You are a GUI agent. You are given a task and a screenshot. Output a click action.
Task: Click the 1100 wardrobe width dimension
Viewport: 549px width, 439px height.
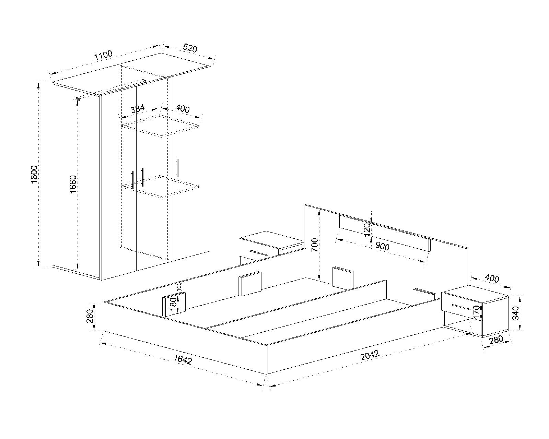coord(103,55)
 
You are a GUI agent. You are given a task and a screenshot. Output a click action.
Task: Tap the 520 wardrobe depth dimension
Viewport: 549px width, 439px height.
coord(190,48)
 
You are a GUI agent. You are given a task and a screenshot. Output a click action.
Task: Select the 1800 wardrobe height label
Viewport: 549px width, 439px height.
coord(34,175)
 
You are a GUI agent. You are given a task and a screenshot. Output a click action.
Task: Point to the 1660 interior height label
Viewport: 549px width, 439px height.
coord(73,184)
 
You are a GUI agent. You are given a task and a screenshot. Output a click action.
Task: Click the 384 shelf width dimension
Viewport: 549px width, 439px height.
coord(138,109)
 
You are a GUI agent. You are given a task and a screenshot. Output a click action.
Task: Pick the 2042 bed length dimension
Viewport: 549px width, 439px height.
coord(370,355)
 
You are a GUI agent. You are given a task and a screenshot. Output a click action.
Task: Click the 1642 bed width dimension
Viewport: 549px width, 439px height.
coord(183,359)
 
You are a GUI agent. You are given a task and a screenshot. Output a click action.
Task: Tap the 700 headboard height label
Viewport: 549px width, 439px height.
coord(315,245)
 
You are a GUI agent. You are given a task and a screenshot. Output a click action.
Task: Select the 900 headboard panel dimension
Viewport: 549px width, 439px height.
coord(382,246)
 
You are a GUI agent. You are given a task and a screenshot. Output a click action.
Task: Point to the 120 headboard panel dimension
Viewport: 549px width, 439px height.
coord(366,230)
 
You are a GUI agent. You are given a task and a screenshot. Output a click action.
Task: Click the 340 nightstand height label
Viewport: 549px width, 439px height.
coord(516,313)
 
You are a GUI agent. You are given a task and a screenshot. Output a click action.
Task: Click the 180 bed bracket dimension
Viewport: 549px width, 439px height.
coord(173,304)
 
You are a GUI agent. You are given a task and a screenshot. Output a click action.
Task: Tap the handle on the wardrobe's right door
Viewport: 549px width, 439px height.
coord(177,168)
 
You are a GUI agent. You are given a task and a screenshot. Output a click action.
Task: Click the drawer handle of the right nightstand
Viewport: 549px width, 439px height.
coord(461,307)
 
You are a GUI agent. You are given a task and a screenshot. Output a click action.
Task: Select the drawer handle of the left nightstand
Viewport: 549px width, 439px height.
coord(258,252)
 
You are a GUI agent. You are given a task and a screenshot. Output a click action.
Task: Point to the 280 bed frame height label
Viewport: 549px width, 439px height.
coord(90,316)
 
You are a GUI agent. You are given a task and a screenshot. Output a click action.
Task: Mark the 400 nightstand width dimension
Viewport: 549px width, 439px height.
coord(492,278)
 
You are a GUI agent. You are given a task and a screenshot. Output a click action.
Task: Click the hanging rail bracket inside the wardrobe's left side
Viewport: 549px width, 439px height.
coord(78,98)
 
